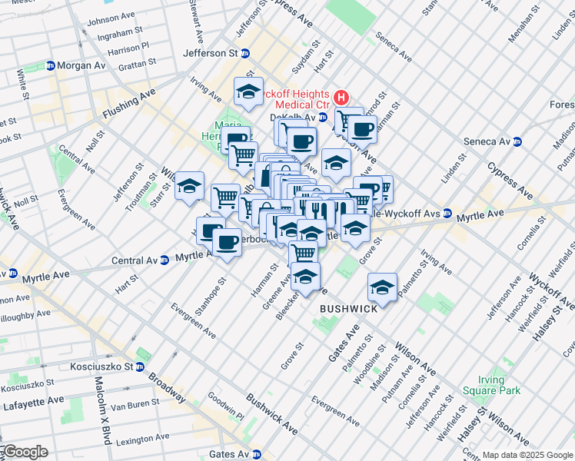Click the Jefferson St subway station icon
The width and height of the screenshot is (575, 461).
pyautogui.click(x=245, y=53)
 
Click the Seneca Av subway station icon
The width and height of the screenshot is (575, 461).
pyautogui.click(x=517, y=141)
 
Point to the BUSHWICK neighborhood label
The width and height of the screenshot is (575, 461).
pyautogui.click(x=348, y=308)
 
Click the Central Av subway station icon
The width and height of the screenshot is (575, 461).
pyautogui.click(x=165, y=260)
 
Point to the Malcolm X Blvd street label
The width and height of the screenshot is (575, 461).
pyautogui.click(x=98, y=411)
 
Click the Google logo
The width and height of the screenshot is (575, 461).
pyautogui.click(x=25, y=452)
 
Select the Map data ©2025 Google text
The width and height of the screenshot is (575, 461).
pyautogui.click(x=527, y=455)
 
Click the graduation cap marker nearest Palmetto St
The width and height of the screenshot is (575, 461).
pyautogui.click(x=382, y=287)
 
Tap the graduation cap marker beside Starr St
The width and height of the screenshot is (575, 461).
pyautogui.click(x=189, y=186)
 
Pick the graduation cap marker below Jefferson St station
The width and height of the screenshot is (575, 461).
pyautogui.click(x=248, y=91)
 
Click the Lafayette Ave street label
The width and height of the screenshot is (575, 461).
pyautogui.click(x=34, y=401)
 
